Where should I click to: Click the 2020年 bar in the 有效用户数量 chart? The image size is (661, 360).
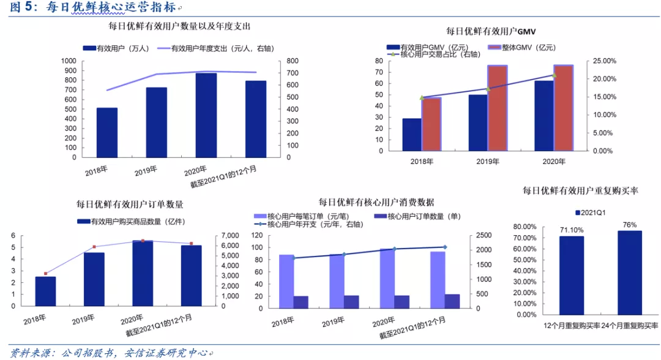pos(206,116)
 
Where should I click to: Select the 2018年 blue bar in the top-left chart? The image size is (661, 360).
pos(107,133)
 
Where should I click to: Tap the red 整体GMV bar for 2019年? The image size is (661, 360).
pos(498,108)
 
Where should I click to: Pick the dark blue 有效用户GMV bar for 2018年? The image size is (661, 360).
pos(412,135)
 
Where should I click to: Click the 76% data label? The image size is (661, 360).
pos(630,225)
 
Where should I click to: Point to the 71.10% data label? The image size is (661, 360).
pos(572,230)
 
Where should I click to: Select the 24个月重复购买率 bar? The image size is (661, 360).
pos(630,272)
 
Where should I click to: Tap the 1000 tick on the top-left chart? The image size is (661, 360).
pos(69,61)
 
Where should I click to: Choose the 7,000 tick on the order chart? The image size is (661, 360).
pos(230,236)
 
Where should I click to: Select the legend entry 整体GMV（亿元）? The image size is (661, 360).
pos(522,48)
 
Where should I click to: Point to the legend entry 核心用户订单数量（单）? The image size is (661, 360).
pos(417,216)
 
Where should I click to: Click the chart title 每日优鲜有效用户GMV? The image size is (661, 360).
pos(491,31)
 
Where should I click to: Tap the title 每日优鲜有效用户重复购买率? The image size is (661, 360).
pos(580,190)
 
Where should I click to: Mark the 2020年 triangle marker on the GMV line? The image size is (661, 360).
pos(555,75)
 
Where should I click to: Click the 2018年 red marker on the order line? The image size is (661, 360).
pos(45,274)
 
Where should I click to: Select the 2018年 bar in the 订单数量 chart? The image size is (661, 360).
pos(45,291)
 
